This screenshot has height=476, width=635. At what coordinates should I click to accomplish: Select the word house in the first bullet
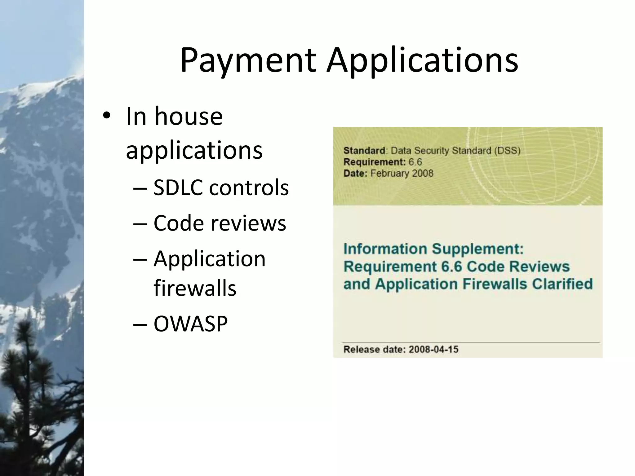189,117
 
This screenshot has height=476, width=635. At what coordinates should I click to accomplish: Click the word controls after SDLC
249,188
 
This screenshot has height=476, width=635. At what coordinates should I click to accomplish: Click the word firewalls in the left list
195,288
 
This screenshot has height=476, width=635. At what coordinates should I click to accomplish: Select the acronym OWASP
191,324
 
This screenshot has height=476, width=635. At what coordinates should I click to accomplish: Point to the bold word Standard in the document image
364,151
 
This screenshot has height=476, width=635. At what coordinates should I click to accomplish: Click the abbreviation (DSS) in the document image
507,151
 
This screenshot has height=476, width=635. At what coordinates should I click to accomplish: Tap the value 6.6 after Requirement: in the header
415,162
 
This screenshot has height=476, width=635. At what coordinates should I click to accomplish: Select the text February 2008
402,173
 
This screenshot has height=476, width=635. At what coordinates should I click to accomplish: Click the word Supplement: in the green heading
478,249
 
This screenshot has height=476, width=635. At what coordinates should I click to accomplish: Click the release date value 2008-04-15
433,350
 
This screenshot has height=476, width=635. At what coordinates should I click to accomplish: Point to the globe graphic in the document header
533,161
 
